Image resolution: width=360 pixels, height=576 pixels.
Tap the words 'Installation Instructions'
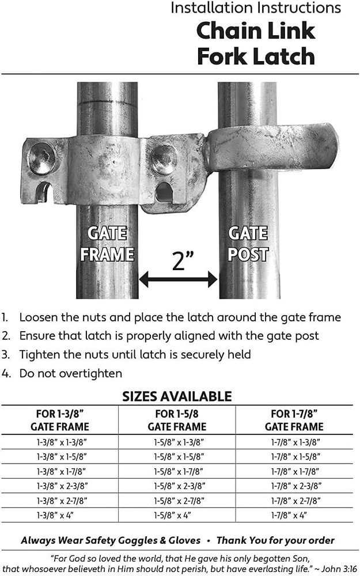point(256,8)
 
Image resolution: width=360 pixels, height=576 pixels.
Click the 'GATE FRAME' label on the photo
point(107,244)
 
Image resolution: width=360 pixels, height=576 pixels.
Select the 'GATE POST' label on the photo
point(248,244)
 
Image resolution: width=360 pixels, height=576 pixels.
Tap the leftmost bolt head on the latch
point(43,157)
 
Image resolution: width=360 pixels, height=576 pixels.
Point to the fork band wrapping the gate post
point(271,148)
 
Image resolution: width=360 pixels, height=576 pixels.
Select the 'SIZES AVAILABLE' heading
point(177,396)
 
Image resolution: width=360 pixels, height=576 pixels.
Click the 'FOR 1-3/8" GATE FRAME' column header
point(60,420)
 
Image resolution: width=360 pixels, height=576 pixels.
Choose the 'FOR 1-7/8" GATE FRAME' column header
point(294,420)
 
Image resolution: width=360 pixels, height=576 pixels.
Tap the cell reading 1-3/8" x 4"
point(60,514)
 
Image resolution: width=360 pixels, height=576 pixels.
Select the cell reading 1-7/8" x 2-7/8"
point(294,500)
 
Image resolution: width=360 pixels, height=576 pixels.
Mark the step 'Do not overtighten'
point(70,373)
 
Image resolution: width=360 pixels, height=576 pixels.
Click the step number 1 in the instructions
point(5,317)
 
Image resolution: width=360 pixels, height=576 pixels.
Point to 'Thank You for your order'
point(275,540)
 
